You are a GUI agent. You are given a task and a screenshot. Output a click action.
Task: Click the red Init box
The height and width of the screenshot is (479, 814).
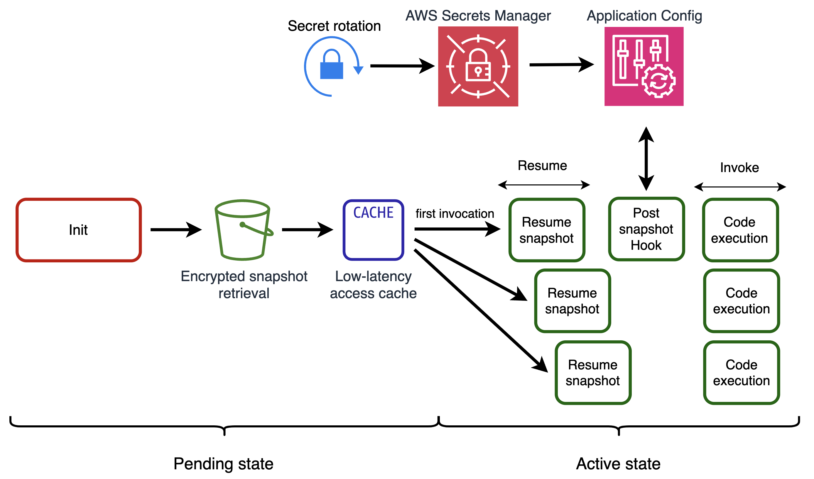tap(78, 230)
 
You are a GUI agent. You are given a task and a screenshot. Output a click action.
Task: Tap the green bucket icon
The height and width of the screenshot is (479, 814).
tap(243, 230)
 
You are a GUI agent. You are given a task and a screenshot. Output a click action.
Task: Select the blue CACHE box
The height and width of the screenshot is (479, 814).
tap(374, 230)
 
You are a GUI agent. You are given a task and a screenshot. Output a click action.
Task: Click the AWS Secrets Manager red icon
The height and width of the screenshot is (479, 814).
tap(478, 67)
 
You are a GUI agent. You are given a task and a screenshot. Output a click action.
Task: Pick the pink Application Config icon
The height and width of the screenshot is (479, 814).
tap(644, 67)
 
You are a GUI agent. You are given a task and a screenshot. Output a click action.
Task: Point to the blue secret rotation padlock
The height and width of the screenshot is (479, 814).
tap(332, 67)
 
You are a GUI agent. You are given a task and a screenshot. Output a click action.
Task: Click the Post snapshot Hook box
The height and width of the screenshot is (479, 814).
tap(646, 229)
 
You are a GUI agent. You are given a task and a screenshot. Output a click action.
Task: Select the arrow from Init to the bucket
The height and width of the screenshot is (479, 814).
tap(176, 230)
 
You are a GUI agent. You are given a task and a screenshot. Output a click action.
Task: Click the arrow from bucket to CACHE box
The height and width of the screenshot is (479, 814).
tap(307, 230)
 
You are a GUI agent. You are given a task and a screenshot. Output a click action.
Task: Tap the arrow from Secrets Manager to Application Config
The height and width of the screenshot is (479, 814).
tap(561, 65)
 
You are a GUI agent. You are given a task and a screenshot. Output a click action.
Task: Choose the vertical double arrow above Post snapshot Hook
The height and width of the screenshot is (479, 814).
tap(646, 159)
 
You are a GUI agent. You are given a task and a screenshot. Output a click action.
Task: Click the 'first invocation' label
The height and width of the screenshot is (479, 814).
tap(455, 214)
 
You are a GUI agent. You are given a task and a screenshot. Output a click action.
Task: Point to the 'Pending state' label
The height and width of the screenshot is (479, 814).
tap(224, 464)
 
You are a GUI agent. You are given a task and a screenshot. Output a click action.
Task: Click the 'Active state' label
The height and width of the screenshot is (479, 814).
tap(618, 464)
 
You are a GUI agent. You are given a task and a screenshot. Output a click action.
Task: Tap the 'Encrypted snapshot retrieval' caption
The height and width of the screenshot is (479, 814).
tap(244, 285)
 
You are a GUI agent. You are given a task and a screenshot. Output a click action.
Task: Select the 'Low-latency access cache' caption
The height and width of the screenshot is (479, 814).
tap(374, 285)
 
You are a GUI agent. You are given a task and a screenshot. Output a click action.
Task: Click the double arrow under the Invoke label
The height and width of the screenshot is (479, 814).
tap(740, 187)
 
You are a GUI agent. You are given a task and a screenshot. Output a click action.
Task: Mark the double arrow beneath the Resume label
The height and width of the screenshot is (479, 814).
tap(544, 185)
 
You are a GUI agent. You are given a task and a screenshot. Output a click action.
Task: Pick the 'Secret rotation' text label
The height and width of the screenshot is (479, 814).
tap(334, 26)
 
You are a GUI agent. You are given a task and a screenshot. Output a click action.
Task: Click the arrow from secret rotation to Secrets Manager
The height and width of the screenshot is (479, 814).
tap(402, 66)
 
